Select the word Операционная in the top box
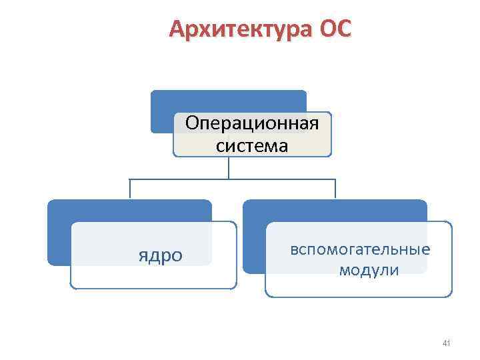(252, 124)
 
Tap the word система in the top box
(252, 145)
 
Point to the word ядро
(160, 255)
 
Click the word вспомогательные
(360, 249)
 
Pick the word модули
(369, 270)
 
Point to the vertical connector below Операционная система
(229, 167)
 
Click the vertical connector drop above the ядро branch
(129, 189)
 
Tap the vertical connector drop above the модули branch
(335, 189)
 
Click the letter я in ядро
(142, 255)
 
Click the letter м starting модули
(344, 271)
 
